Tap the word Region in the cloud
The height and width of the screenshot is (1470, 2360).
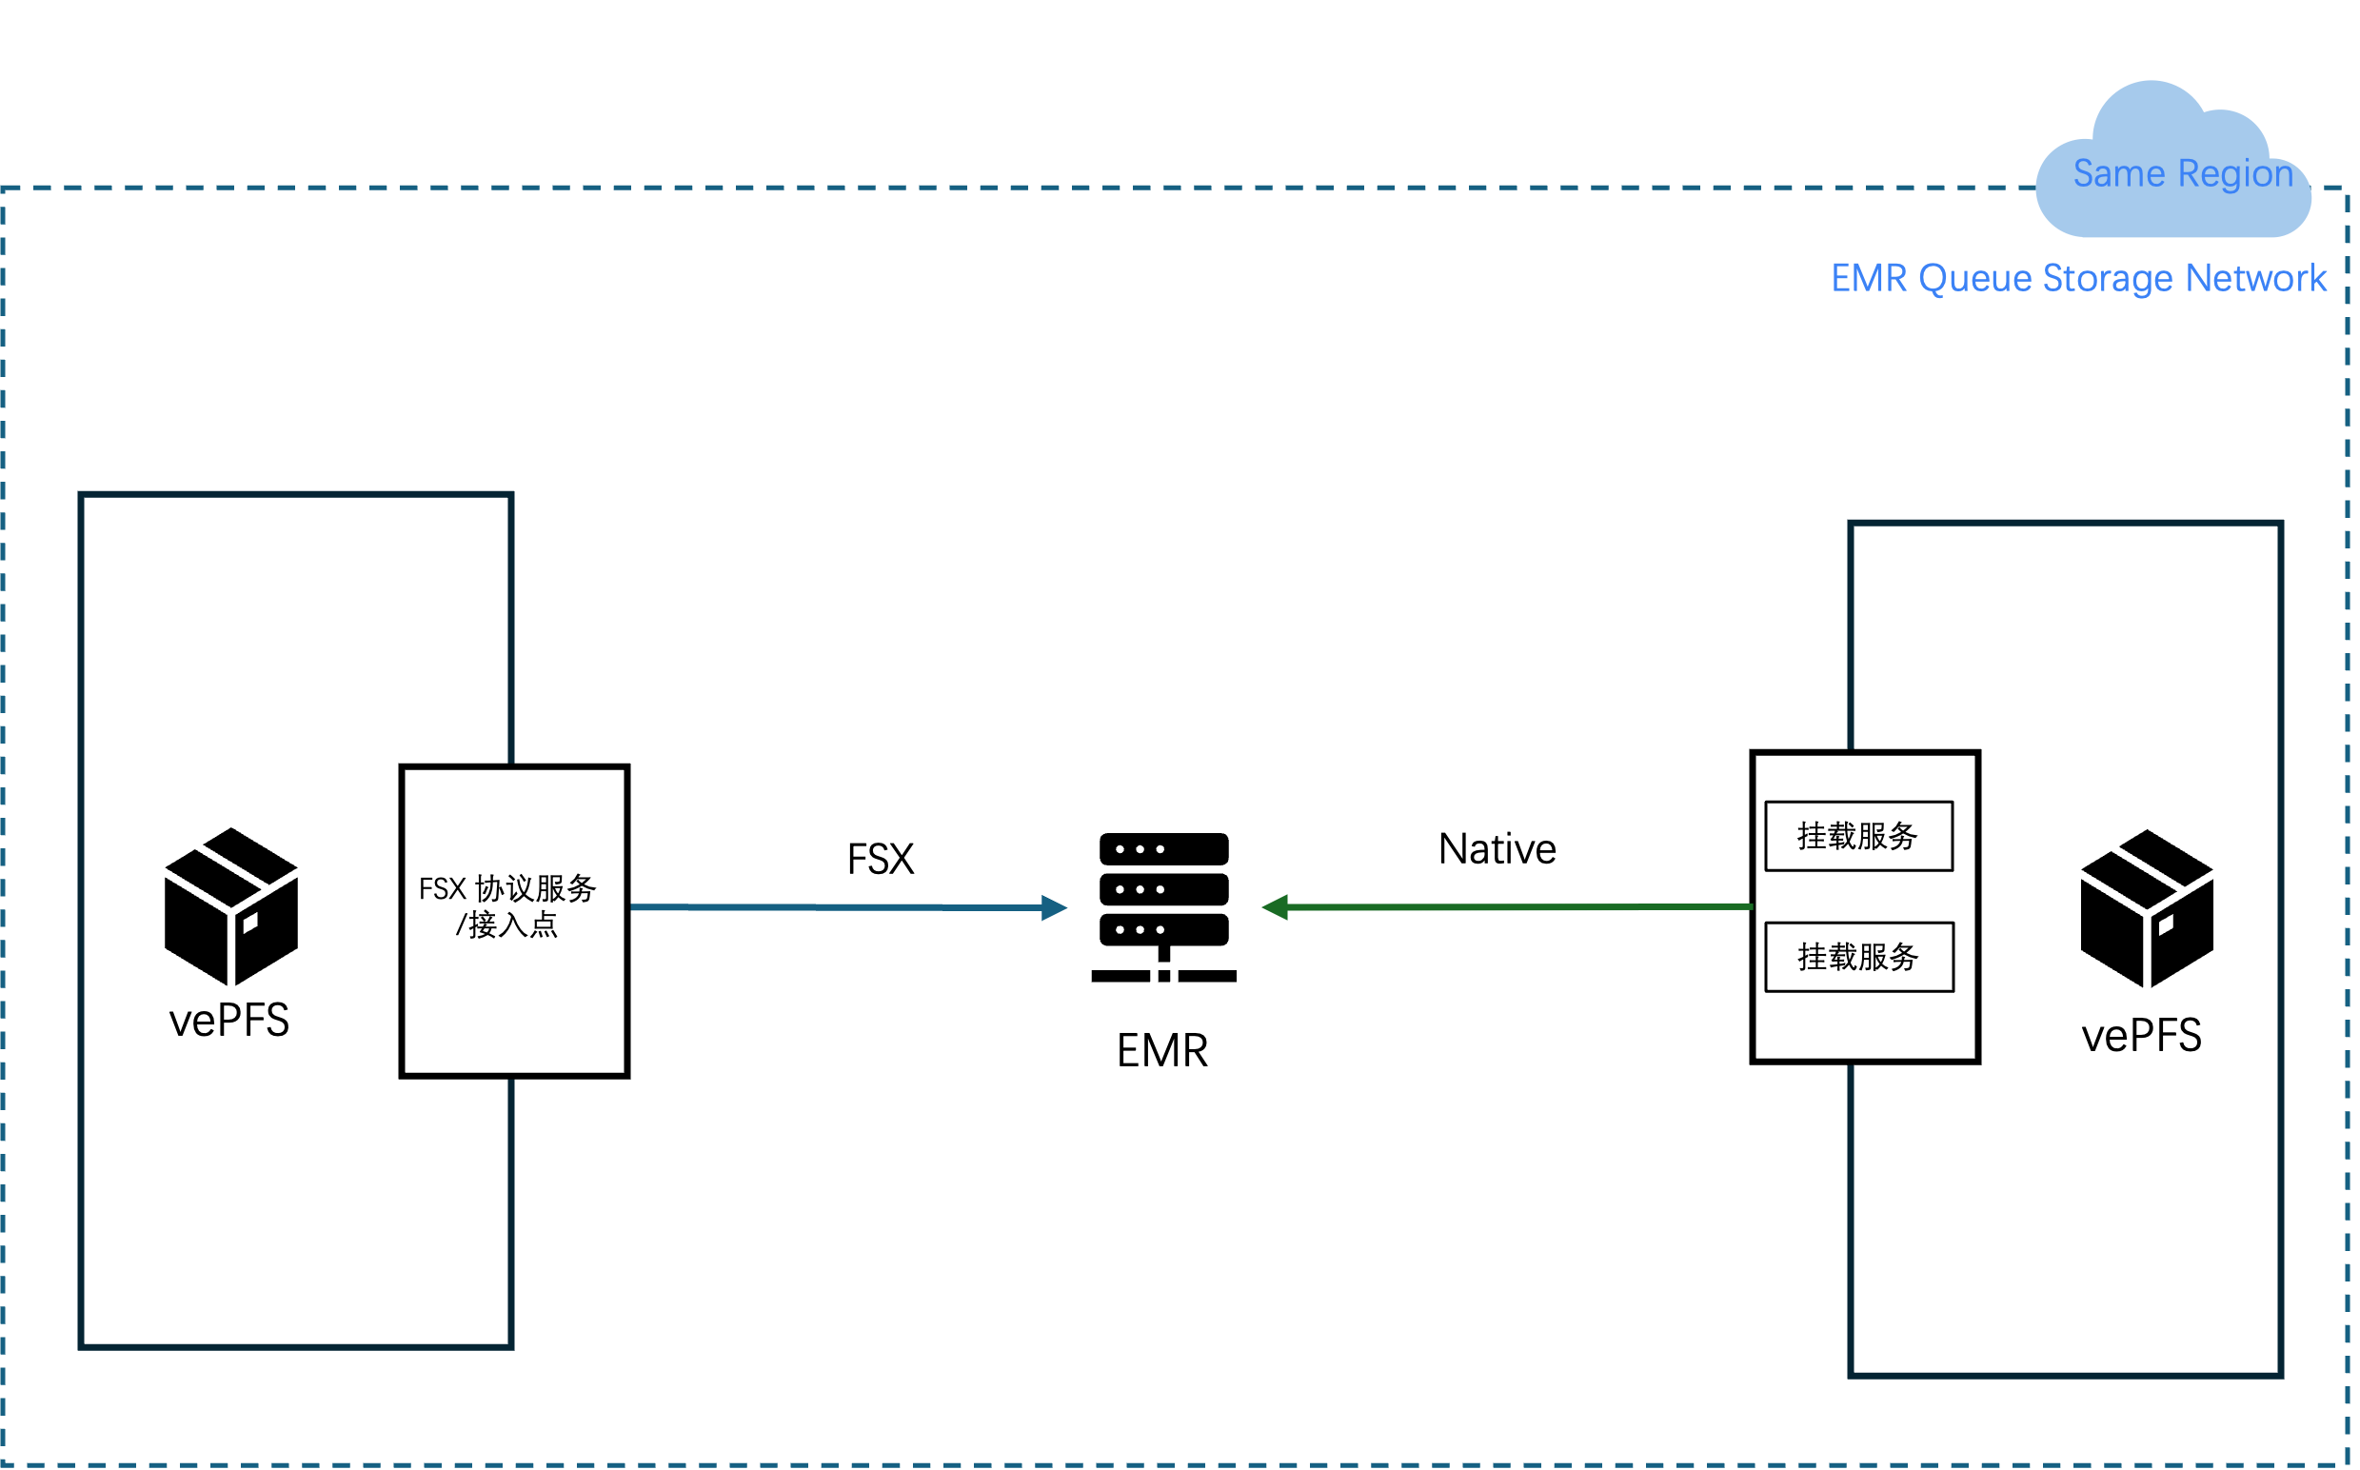pyautogui.click(x=2235, y=175)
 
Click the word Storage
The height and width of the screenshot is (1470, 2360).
pyautogui.click(x=2108, y=279)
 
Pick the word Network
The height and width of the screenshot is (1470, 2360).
pyautogui.click(x=2256, y=278)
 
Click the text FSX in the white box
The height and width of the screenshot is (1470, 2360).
pyautogui.click(x=443, y=888)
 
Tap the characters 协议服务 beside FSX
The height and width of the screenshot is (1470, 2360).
pyautogui.click(x=536, y=888)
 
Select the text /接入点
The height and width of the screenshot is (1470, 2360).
pyautogui.click(x=507, y=924)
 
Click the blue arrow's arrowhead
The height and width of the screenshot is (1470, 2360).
pyautogui.click(x=1055, y=908)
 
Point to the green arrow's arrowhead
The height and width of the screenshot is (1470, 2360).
pyautogui.click(x=1275, y=907)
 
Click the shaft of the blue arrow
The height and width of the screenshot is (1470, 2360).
pyautogui.click(x=836, y=907)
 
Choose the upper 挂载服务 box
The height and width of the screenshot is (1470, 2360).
pyautogui.click(x=1858, y=836)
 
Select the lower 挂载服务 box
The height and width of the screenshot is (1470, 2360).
pyautogui.click(x=1858, y=958)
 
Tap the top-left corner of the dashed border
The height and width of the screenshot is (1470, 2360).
pyautogui.click(x=4, y=189)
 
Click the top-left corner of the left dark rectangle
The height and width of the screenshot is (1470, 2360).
pyautogui.click(x=82, y=495)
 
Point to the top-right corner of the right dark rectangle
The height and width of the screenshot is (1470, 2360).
pyautogui.click(x=2280, y=524)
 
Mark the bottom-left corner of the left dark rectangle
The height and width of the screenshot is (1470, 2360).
pyautogui.click(x=82, y=1346)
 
